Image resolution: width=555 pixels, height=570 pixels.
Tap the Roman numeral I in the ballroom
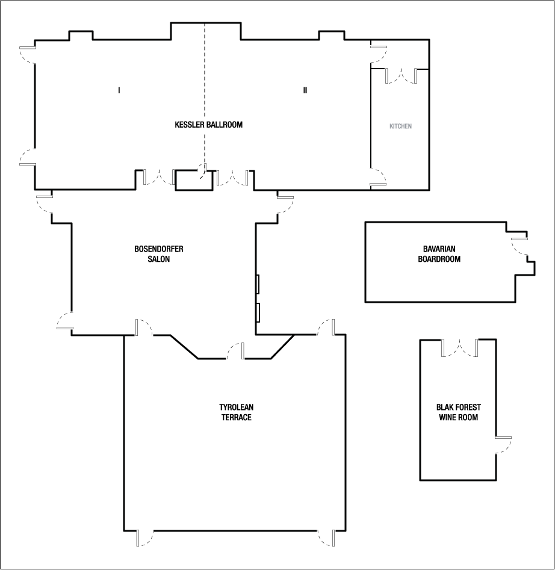119,90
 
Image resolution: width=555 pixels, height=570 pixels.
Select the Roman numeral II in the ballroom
305,90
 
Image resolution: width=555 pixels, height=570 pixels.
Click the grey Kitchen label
400,126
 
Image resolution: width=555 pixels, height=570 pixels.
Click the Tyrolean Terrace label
235,412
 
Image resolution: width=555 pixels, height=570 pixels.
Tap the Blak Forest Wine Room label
458,412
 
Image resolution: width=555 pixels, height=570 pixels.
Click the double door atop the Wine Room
460,348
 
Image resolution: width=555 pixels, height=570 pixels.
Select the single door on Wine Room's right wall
503,444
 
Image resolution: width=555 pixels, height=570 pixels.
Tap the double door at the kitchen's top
401,76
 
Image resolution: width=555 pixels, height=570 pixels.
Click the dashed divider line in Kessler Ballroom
205,90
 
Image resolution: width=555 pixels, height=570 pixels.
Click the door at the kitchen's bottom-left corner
378,178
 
